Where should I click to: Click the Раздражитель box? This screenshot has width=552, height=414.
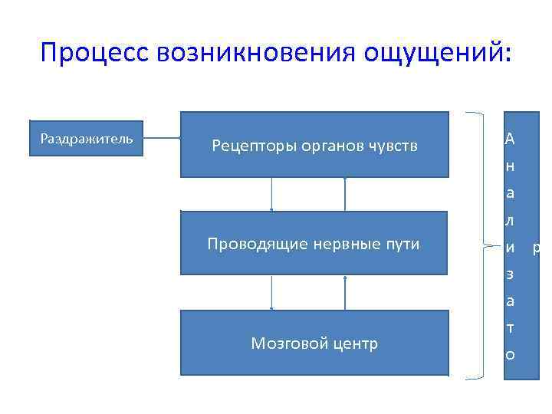point(86,139)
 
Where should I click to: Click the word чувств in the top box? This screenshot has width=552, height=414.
point(393,146)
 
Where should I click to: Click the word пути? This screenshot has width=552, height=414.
point(403,245)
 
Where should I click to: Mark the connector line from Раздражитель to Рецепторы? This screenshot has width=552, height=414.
point(162,139)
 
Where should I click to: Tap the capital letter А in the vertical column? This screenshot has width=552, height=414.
point(510,139)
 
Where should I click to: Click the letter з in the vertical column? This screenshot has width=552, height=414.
point(510,274)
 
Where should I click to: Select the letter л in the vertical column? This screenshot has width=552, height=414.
point(510,221)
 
